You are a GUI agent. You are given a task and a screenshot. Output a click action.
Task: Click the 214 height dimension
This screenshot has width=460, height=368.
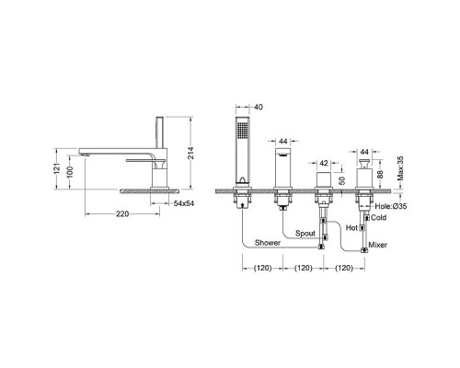click(x=190, y=153)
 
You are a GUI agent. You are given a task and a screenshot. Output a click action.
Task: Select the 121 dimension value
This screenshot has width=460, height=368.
click(x=57, y=169)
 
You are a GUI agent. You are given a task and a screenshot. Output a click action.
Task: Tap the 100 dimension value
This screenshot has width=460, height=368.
click(x=70, y=173)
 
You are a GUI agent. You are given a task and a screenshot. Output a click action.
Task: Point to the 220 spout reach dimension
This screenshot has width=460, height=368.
click(x=122, y=213)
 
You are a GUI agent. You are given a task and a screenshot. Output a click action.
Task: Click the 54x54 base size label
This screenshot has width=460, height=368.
click(x=184, y=203)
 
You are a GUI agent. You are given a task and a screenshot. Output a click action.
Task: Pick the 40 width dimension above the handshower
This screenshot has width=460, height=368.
click(x=259, y=107)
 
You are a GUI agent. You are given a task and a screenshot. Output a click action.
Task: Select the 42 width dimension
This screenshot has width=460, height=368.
click(x=324, y=163)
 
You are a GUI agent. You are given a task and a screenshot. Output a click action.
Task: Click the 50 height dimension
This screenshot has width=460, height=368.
click(x=343, y=180)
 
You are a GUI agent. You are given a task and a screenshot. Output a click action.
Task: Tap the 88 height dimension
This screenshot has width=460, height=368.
click(x=380, y=175)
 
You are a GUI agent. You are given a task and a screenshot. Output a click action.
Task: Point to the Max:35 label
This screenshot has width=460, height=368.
click(x=400, y=168)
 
